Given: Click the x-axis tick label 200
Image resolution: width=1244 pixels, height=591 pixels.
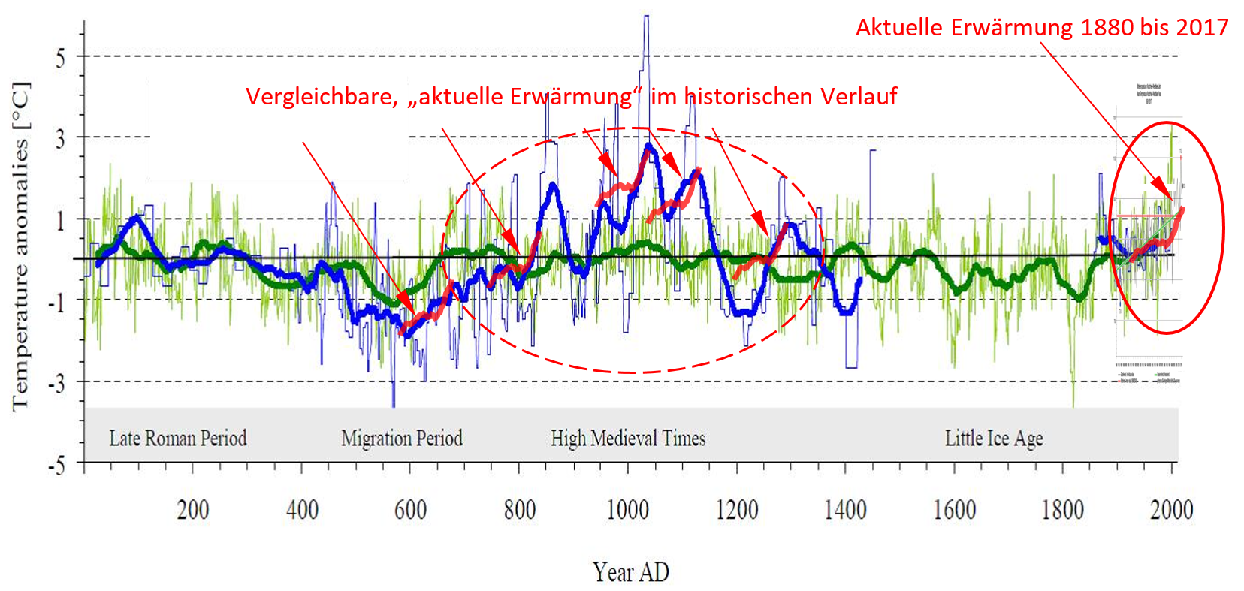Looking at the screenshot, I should (x=192, y=511).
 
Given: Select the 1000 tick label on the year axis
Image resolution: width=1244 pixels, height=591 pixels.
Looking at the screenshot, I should (x=627, y=511).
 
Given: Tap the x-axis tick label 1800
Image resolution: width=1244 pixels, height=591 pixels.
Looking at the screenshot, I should (x=1062, y=511).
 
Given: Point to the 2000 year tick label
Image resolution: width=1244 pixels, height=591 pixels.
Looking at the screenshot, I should (x=1171, y=511).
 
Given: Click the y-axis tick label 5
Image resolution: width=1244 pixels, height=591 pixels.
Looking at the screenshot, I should (x=60, y=58).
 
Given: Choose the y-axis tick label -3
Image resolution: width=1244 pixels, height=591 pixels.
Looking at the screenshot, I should (x=56, y=384).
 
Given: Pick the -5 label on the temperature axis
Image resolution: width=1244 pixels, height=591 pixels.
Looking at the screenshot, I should (x=56, y=466).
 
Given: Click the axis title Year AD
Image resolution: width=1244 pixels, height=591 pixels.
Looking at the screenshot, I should (x=630, y=572).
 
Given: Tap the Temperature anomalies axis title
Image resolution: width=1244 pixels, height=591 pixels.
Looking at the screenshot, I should (x=21, y=246).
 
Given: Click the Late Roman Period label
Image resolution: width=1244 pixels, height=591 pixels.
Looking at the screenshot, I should (x=178, y=439).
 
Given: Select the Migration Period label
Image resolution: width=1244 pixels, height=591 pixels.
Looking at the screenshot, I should (x=402, y=439).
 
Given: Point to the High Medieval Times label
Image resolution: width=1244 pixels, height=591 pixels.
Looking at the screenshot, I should (x=628, y=439).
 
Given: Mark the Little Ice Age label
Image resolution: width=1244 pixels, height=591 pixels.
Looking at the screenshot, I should (x=994, y=439).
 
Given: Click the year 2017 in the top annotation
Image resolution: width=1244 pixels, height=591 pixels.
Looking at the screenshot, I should (x=1202, y=28).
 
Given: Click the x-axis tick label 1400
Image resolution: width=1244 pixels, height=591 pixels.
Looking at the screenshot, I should (x=845, y=511).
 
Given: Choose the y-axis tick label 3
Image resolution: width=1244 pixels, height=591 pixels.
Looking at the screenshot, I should (x=60, y=139).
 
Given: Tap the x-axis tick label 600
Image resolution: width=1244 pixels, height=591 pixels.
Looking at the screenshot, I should (x=410, y=511).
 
